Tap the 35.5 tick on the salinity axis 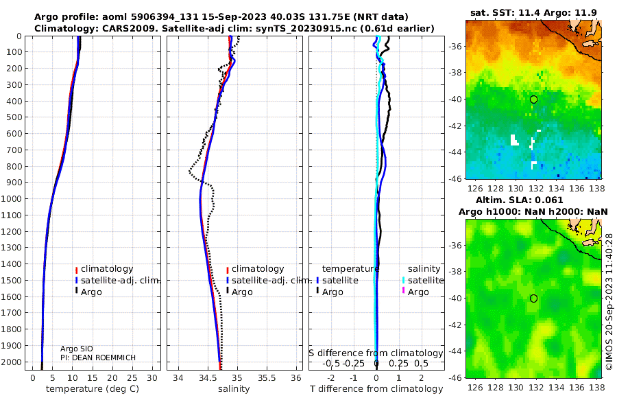tap(267, 378)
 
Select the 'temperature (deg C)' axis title tap(93, 389)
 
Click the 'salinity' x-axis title tap(234, 389)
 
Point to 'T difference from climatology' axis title tap(376, 389)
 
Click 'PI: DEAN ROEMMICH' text tap(98, 358)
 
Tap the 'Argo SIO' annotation tap(76, 349)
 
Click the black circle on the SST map tap(533, 99)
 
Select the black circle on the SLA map tap(533, 298)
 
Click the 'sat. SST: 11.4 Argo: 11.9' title tap(533, 12)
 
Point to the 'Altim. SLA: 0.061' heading tap(520, 200)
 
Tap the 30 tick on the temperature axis tap(152, 378)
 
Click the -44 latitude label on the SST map tap(455, 152)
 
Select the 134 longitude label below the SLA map tap(557, 387)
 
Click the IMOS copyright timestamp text tap(609, 301)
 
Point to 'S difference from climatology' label tap(376, 353)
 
